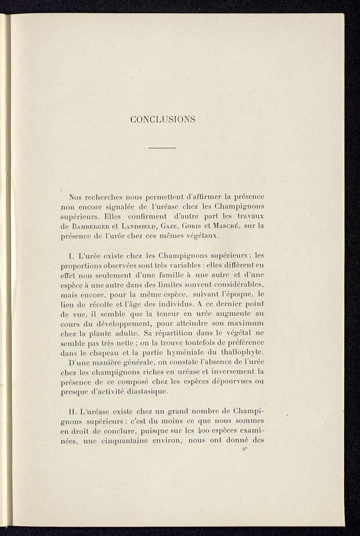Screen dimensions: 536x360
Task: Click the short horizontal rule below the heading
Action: (162, 148)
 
